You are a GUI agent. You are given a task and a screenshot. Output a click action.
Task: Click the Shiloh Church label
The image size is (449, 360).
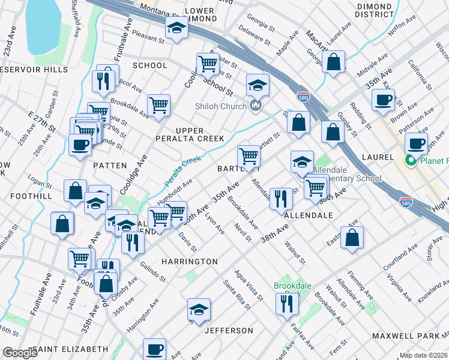pos(220,107)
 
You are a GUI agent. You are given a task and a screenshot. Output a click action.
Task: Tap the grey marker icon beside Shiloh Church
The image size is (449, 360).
pos(256,107)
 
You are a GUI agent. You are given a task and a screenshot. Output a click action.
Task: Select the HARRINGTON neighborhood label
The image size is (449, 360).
pos(190,262)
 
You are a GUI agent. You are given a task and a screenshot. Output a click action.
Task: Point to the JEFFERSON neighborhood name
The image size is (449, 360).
pos(229,331)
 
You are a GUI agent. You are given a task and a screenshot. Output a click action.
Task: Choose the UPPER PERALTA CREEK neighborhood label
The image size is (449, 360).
pos(199,134)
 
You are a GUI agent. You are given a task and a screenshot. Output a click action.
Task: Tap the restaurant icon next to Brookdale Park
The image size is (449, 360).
pos(286,303)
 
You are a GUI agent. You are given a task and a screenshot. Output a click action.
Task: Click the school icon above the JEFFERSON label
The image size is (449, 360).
pos(199,309)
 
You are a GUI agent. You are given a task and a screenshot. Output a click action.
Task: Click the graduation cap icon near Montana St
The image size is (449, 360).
pos(176,28)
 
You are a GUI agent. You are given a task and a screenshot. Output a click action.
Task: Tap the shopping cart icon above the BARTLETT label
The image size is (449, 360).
pos(249,156)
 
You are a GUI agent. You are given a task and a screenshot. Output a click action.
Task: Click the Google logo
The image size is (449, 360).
pos(20,353)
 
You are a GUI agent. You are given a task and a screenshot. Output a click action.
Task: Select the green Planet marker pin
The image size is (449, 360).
pos(412,161)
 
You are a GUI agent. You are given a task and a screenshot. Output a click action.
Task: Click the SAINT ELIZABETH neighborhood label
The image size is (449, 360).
pos(70,349)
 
